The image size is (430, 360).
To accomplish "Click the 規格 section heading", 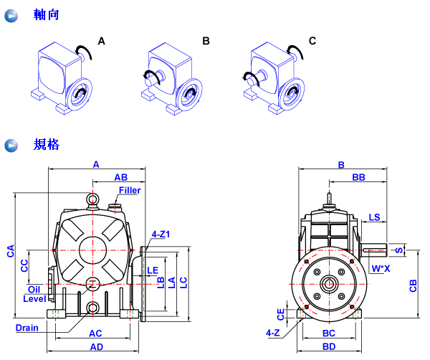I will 46,145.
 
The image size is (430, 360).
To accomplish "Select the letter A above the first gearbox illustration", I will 101,42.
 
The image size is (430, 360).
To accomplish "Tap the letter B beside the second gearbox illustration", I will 206,42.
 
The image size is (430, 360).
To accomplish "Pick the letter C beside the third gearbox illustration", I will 312,42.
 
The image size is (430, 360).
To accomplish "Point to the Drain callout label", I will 27,328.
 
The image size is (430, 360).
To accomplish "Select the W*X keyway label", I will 381,269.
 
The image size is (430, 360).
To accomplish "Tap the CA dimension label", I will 10,250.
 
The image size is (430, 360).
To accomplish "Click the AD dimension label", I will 95,346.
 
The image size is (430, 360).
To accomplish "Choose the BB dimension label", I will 359,176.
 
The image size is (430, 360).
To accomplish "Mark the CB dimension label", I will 413,285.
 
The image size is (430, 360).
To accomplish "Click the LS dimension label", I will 374,217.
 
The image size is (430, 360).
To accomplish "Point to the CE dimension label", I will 281,313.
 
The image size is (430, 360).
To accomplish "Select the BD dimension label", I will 329,346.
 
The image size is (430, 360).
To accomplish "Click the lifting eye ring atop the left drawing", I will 94,200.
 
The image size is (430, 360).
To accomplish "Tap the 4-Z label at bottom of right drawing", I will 272,333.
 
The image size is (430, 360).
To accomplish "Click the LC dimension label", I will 184,282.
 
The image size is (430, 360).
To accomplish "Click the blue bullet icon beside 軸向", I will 11,15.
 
